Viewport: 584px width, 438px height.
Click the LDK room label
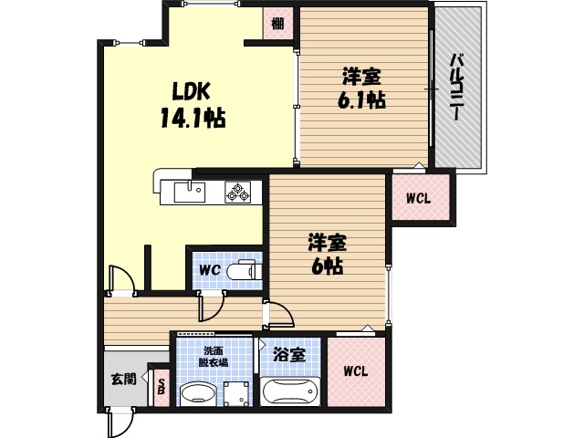[x=191, y=91]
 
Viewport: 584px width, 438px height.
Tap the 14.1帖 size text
[x=193, y=118]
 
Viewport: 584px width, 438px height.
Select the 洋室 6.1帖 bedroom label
[x=361, y=88]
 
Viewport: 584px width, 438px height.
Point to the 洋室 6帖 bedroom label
[x=327, y=254]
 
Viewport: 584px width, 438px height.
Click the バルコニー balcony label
[x=458, y=87]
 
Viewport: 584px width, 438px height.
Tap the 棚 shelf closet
[x=277, y=24]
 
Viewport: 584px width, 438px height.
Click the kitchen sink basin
[x=189, y=192]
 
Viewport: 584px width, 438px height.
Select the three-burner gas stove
[x=237, y=193]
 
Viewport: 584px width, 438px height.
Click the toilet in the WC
[x=245, y=270]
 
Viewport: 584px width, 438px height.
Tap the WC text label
[x=210, y=270]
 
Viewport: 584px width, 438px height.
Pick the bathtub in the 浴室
[x=290, y=391]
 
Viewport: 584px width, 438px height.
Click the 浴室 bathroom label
[x=289, y=355]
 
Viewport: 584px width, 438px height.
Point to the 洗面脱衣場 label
[x=213, y=357]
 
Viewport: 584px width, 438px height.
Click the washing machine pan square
[x=236, y=393]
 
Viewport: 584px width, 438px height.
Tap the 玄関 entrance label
[x=124, y=379]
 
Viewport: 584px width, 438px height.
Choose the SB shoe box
[x=162, y=387]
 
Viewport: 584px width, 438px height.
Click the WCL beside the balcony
[x=421, y=197]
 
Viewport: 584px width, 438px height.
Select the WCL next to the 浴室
[x=356, y=371]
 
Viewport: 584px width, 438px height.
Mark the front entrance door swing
[x=120, y=423]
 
